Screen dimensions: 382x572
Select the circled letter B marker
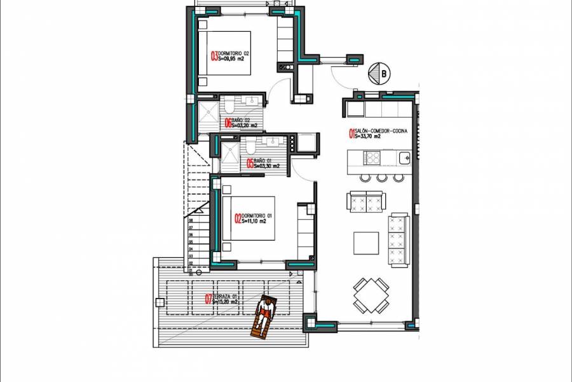pyautogui.click(x=383, y=74)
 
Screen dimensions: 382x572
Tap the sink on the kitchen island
pyautogui.click(x=402, y=157)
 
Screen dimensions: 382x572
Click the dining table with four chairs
pyautogui.click(x=371, y=294)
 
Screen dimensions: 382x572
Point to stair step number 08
pyautogui.click(x=190, y=221)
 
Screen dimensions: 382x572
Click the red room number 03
pyautogui.click(x=214, y=55)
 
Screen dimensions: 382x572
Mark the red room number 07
pyautogui.click(x=208, y=299)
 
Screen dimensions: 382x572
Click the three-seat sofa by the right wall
pyautogui.click(x=398, y=234)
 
